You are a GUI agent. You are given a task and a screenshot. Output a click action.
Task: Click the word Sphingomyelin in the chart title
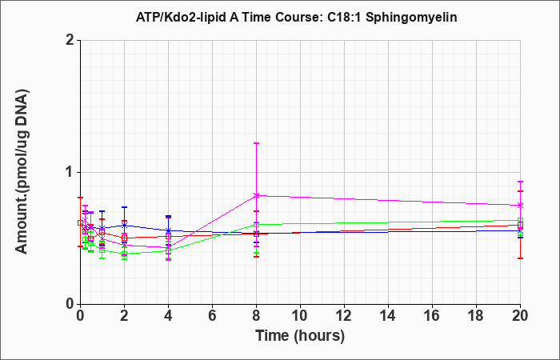411,17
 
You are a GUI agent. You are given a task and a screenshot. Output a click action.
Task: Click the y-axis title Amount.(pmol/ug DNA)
22,171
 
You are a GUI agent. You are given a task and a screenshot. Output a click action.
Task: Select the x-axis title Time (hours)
300,336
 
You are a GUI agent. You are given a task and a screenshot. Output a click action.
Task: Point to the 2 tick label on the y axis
70,40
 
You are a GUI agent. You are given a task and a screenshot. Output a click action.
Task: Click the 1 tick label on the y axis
70,172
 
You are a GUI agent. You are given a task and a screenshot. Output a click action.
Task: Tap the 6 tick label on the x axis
212,316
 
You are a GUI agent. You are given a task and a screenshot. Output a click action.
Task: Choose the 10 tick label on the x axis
300,316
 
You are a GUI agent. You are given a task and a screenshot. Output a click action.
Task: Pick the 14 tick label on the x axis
388,316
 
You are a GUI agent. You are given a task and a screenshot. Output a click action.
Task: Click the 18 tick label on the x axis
476,316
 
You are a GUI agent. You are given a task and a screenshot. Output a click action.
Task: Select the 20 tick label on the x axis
520,316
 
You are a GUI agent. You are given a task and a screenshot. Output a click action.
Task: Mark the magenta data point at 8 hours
256,195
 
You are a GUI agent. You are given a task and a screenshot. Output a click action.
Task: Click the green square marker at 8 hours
256,225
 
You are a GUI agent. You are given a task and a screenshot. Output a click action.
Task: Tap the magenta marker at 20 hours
520,206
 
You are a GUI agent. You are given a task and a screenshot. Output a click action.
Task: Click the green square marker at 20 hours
520,220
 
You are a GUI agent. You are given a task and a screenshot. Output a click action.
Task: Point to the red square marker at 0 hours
80,223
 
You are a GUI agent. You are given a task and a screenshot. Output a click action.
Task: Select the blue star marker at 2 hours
124,226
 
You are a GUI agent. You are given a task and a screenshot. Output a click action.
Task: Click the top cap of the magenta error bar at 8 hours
256,143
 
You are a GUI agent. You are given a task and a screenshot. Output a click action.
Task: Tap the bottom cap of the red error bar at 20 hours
520,258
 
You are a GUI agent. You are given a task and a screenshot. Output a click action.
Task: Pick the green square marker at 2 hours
124,254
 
